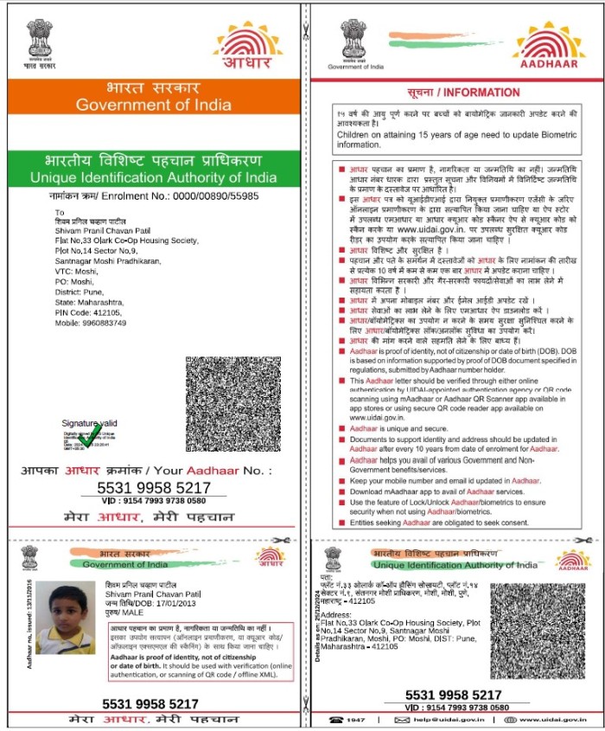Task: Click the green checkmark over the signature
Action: click(x=88, y=439)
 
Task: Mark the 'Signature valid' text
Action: click(x=89, y=422)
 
